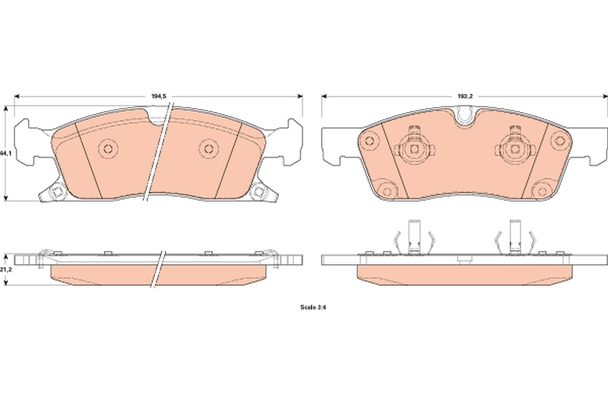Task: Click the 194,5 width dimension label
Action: click(x=159, y=95)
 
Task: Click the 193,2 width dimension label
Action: click(x=465, y=95)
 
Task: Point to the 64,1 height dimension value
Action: click(x=5, y=152)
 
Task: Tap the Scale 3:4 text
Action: click(x=312, y=307)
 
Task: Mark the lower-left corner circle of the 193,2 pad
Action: click(x=388, y=191)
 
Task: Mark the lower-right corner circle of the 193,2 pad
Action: click(x=542, y=191)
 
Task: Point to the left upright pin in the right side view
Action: click(x=414, y=235)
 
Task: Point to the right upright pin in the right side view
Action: click(x=515, y=235)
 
